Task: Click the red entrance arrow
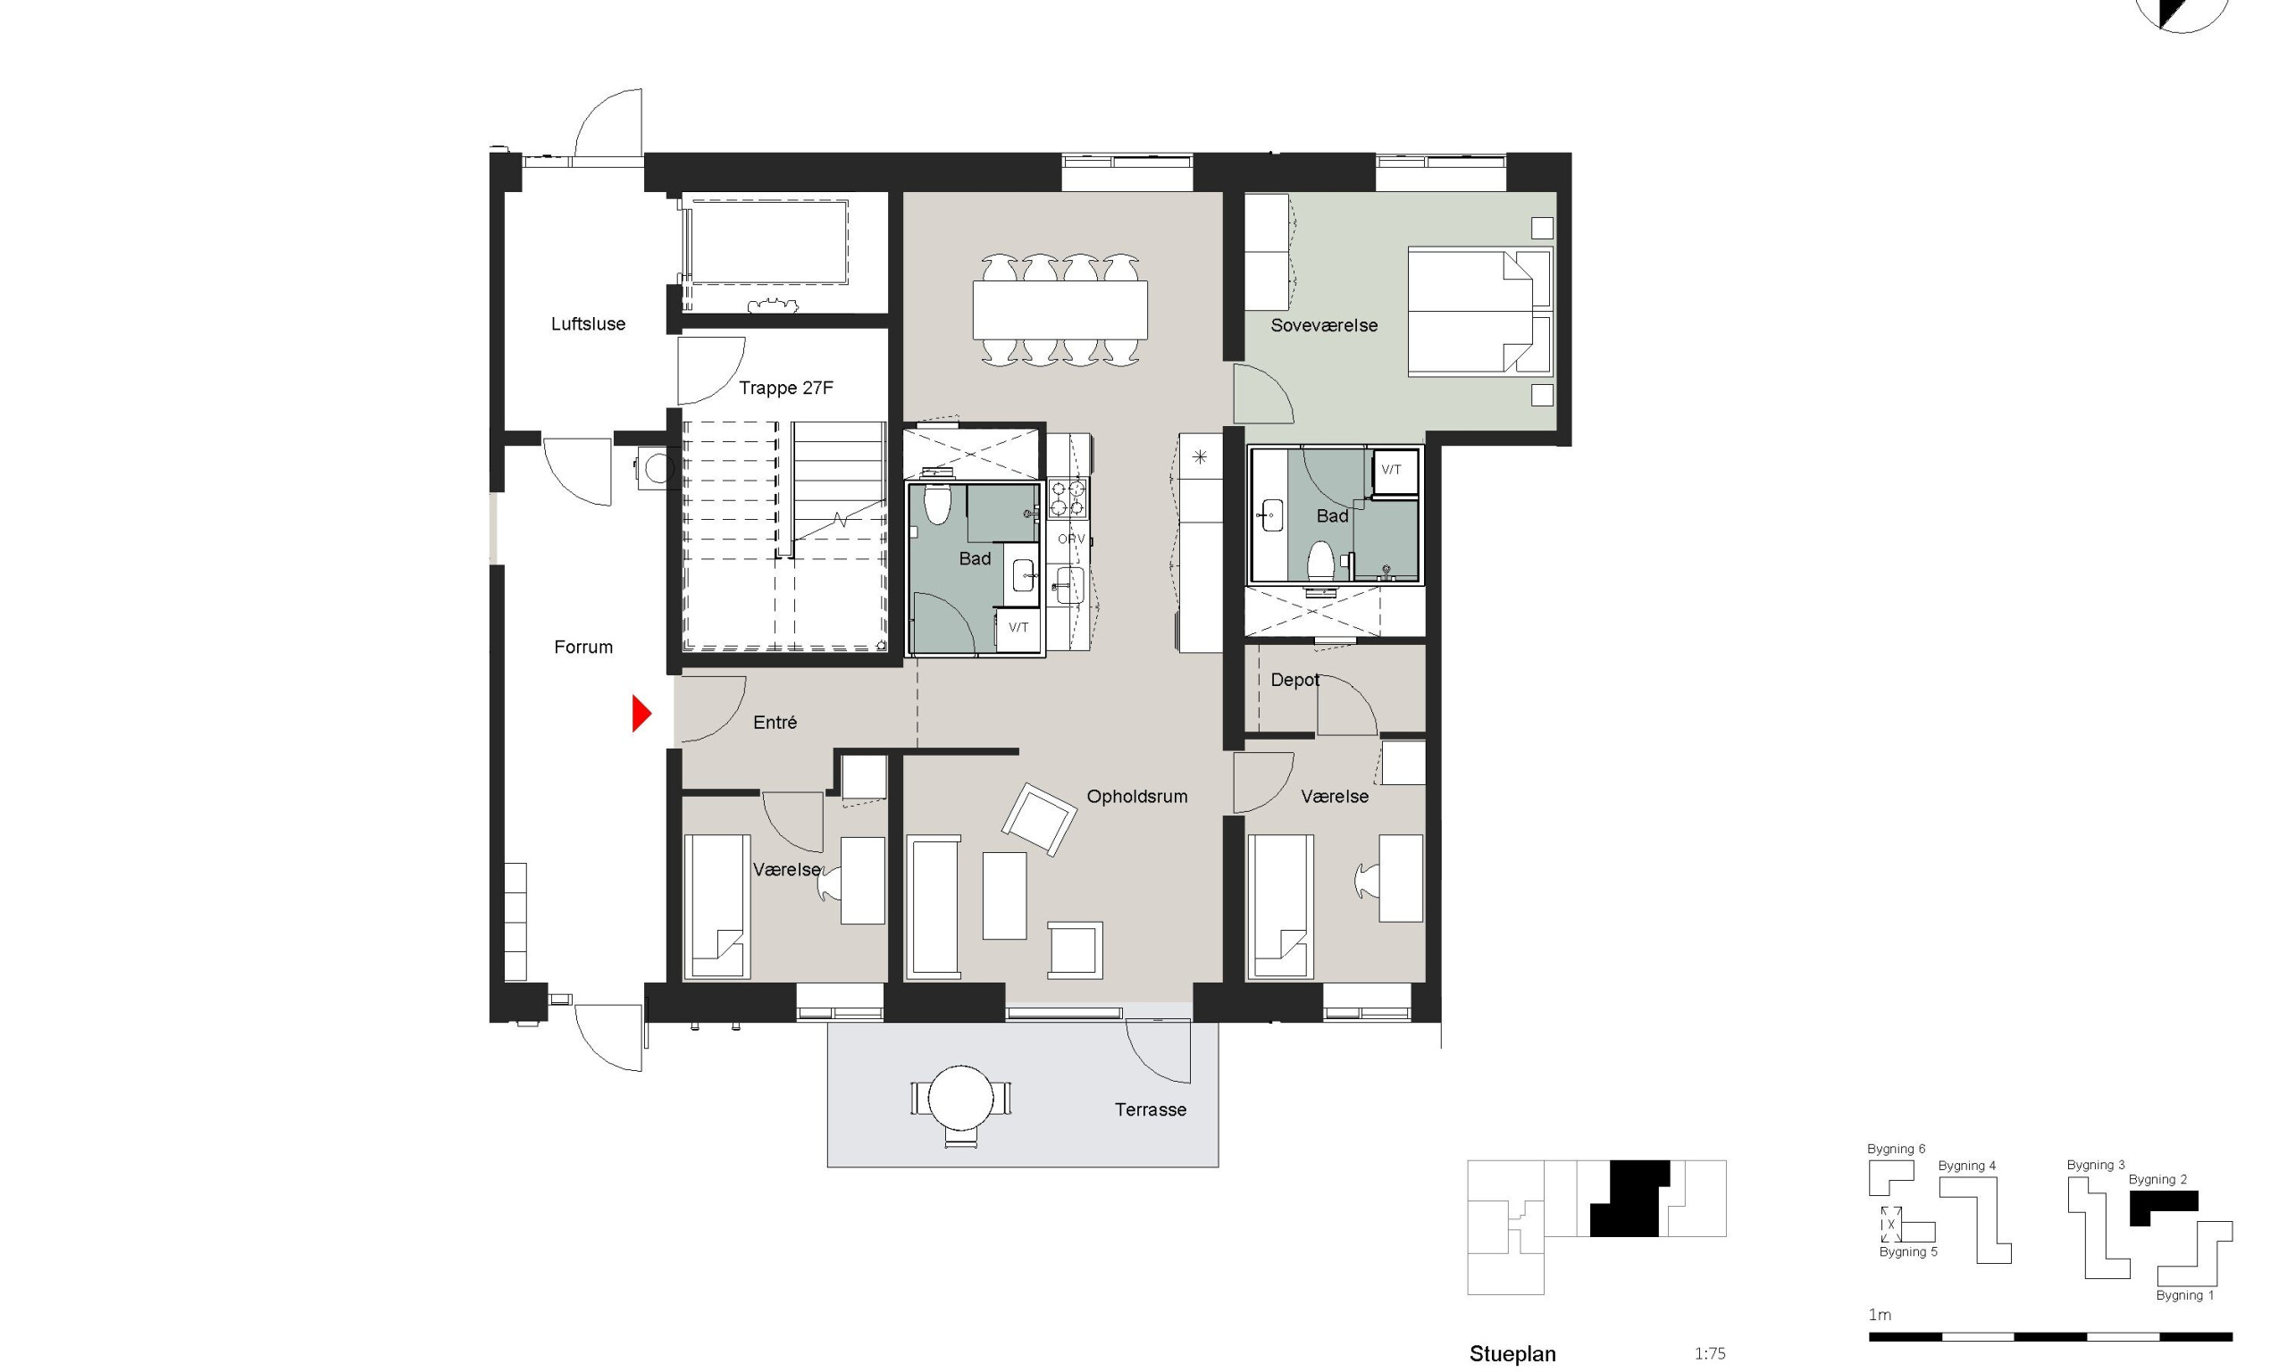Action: (x=641, y=714)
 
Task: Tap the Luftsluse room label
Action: (x=588, y=323)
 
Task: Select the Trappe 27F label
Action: (x=786, y=388)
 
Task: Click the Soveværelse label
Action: (x=1324, y=325)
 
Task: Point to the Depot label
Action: (x=1294, y=681)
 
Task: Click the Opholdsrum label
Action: (x=1137, y=796)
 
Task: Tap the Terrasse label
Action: (x=1150, y=1109)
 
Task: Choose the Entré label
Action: (x=775, y=722)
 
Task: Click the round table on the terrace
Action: (x=960, y=1099)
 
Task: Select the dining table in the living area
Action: (x=1060, y=310)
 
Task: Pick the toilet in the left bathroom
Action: (x=937, y=504)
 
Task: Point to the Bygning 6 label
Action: (x=1896, y=1150)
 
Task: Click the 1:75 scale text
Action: (x=1709, y=1353)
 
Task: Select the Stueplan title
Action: (x=1512, y=1354)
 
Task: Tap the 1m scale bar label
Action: (x=1880, y=1315)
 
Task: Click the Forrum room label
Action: (x=583, y=648)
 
